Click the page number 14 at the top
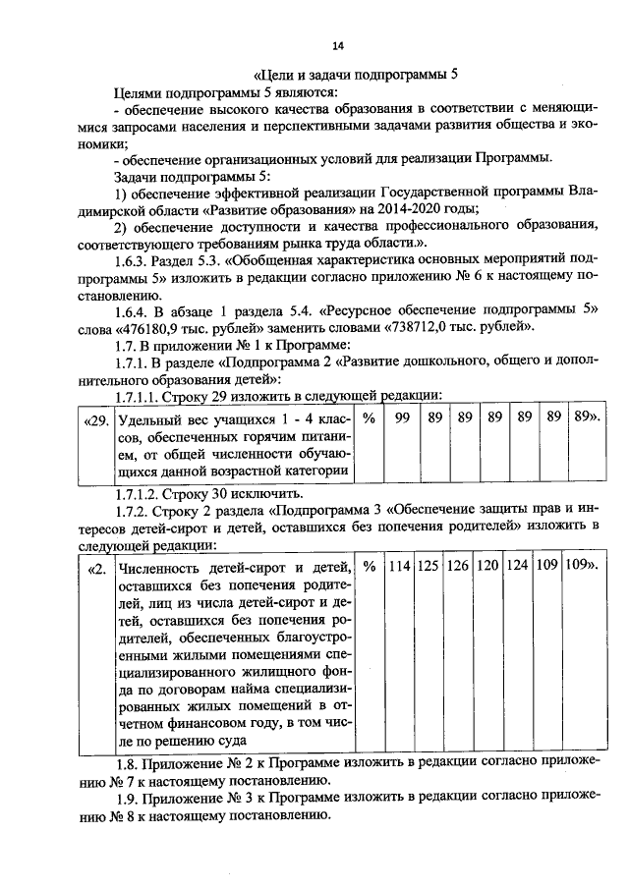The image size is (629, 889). tap(337, 46)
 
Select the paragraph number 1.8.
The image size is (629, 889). tap(127, 762)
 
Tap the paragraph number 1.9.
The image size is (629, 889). tap(127, 799)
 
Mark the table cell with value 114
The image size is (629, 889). tap(398, 567)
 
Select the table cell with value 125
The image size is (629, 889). tap(429, 567)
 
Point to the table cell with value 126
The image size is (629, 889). tap(458, 567)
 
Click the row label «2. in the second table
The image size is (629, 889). tap(96, 568)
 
